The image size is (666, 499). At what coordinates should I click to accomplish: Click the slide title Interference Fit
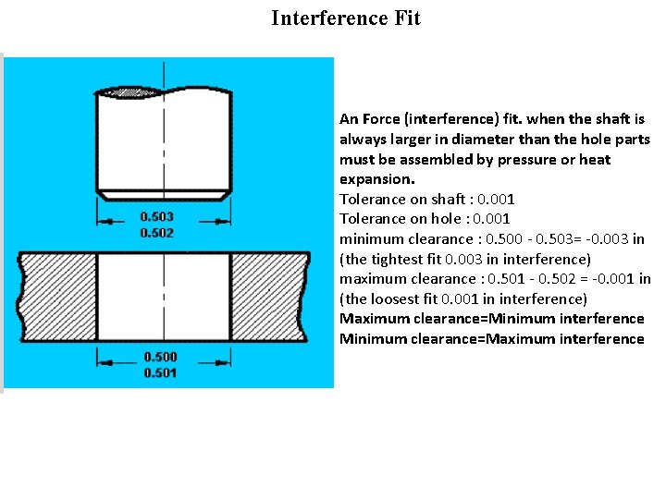(x=346, y=18)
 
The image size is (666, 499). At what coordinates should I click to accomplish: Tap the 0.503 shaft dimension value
(x=156, y=217)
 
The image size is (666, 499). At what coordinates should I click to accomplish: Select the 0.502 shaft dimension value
(x=156, y=233)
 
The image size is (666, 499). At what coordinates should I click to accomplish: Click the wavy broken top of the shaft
(x=164, y=91)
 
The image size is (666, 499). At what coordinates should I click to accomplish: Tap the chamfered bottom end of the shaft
(x=164, y=194)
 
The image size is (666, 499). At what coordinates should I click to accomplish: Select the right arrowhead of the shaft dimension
(x=225, y=221)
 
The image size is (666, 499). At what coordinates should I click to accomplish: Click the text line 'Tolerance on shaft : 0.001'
(x=427, y=199)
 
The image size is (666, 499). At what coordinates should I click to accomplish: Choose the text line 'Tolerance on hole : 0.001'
(x=425, y=219)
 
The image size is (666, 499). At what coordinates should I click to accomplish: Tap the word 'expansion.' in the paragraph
(x=377, y=179)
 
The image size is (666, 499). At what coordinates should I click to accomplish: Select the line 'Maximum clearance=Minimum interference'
(x=491, y=319)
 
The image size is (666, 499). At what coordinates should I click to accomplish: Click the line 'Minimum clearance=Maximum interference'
(x=491, y=339)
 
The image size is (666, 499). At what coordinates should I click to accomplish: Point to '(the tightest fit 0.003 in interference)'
(x=465, y=259)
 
